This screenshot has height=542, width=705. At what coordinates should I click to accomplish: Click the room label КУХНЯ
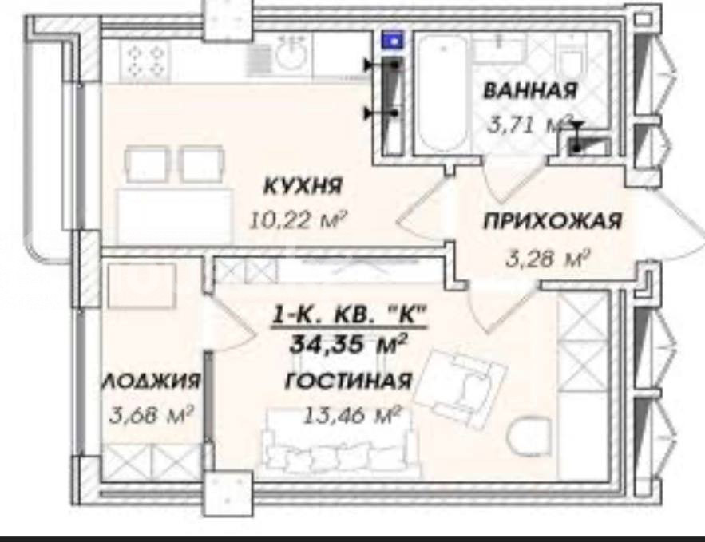302,186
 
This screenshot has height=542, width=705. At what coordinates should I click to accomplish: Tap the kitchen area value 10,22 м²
299,220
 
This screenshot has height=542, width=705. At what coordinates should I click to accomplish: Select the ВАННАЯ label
530,90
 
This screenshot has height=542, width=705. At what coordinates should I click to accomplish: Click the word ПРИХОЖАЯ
553,222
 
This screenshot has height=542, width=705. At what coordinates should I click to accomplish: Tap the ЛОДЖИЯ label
151,381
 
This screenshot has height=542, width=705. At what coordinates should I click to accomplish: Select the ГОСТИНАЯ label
348,381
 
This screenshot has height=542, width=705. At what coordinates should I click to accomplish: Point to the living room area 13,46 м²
353,415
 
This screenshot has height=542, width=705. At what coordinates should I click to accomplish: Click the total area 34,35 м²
348,344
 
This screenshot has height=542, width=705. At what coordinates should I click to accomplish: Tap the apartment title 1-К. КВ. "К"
348,315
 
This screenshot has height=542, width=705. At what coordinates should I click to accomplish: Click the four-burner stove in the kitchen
145,61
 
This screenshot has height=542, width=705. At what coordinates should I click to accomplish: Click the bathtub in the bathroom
441,93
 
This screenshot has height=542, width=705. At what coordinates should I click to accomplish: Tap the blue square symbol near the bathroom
393,41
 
